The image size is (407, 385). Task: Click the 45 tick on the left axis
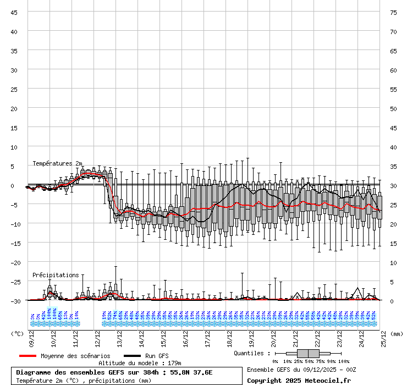click(x=14, y=12)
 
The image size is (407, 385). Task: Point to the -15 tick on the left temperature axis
click(x=14, y=243)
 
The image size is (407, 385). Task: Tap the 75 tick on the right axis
click(x=393, y=12)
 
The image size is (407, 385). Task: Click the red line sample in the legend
click(x=28, y=356)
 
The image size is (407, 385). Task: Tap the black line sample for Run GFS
click(x=132, y=356)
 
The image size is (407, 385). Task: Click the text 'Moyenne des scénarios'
click(x=75, y=356)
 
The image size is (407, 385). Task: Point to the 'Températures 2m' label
click(x=57, y=163)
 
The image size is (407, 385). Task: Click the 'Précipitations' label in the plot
click(x=56, y=274)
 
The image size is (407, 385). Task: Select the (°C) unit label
click(x=18, y=333)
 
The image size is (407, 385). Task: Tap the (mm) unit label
click(x=397, y=333)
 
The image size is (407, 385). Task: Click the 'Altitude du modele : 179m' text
click(x=140, y=364)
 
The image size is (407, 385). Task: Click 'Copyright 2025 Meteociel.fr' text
click(x=299, y=380)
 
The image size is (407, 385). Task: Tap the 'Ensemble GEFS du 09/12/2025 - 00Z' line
click(x=301, y=370)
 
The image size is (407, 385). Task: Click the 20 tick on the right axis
click(x=393, y=224)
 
